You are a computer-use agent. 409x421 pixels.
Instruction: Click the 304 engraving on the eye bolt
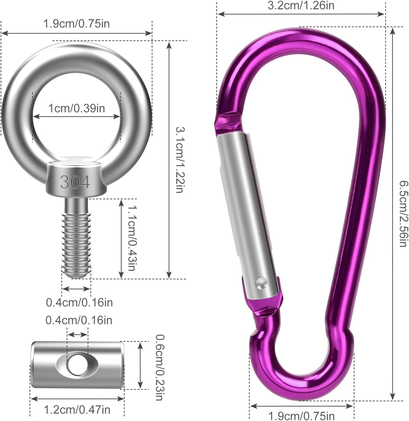[x=75, y=182]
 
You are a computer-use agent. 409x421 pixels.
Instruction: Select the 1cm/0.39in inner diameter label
[x=77, y=108]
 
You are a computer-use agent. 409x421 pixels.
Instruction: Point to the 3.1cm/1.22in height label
[x=180, y=160]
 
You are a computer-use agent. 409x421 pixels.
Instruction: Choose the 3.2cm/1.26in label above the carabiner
[x=301, y=5]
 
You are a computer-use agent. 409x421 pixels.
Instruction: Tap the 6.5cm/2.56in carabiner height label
[x=403, y=214]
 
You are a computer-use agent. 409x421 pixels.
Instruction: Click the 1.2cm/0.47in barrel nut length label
[x=77, y=410]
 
